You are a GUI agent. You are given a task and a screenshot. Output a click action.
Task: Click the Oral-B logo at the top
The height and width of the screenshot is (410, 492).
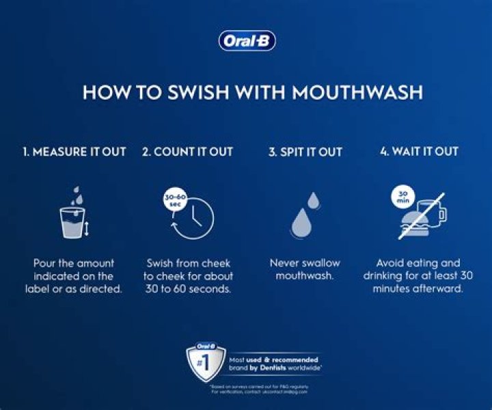[247, 41]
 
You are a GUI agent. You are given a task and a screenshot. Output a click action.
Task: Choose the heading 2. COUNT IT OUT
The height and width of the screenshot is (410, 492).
[187, 152]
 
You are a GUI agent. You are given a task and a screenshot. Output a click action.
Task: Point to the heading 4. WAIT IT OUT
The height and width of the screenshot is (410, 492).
[419, 152]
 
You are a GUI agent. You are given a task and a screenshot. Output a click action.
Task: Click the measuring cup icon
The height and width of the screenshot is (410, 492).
[72, 223]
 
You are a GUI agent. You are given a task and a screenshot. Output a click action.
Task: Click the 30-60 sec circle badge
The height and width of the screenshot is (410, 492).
[174, 201]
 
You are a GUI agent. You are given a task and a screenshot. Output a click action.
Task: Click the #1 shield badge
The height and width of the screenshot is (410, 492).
[206, 361]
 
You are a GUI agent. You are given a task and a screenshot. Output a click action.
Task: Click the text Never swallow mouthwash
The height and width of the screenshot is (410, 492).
[304, 269]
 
